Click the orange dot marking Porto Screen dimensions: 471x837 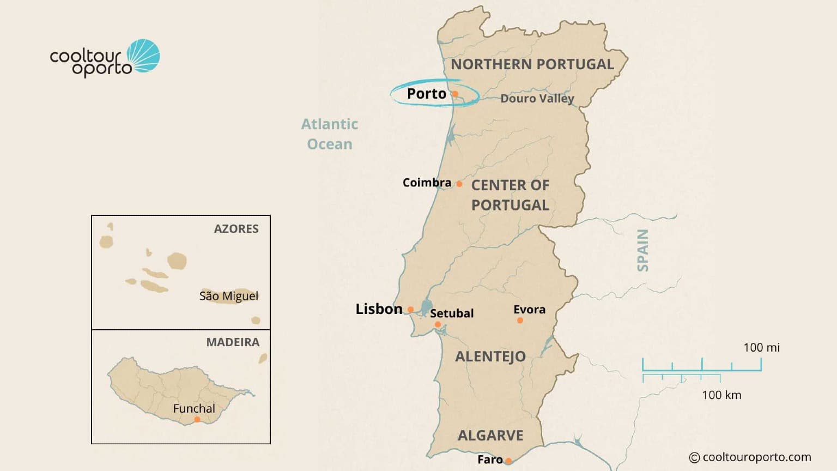(x=455, y=94)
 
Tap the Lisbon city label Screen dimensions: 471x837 (x=379, y=309)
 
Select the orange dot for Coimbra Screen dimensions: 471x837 (x=459, y=184)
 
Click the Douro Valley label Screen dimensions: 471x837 (x=537, y=99)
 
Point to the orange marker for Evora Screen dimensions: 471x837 (x=520, y=321)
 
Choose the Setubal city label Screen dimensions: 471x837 (x=452, y=313)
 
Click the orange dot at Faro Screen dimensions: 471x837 (x=508, y=461)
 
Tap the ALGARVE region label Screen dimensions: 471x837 (x=490, y=436)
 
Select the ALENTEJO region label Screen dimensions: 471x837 (x=490, y=357)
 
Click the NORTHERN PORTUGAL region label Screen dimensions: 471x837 (x=532, y=64)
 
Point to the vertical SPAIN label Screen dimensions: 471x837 (x=643, y=250)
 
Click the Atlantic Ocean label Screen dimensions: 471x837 (x=330, y=134)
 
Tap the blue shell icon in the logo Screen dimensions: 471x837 (x=144, y=56)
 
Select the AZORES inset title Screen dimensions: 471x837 (x=236, y=229)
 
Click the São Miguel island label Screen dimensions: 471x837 (x=229, y=296)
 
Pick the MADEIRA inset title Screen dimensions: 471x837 (x=233, y=342)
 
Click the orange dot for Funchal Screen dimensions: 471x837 (x=197, y=420)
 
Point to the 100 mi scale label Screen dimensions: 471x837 (x=761, y=348)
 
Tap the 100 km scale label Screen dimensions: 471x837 (x=721, y=395)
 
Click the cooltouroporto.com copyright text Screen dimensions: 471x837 (x=750, y=457)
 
